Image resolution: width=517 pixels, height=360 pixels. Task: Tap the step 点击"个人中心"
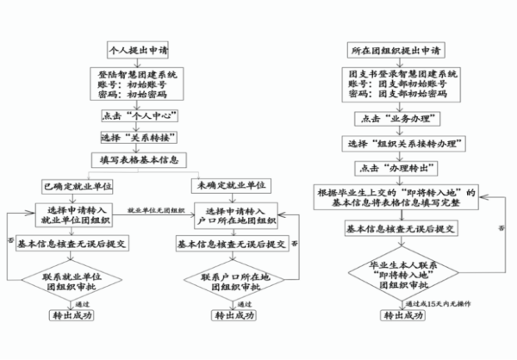coord(130,117)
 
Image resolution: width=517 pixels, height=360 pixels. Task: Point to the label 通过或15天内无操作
coord(434,303)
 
